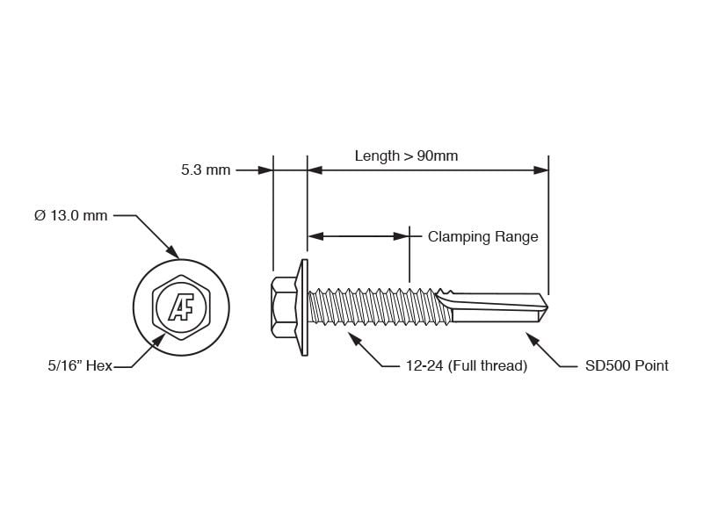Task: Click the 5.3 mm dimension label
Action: click(206, 170)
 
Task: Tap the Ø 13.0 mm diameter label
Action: click(71, 215)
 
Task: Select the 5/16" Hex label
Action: click(80, 365)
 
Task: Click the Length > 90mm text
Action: click(406, 156)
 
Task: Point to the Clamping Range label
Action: click(482, 236)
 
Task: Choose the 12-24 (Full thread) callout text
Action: click(467, 365)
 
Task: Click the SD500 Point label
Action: click(627, 365)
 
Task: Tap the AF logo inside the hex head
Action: click(181, 307)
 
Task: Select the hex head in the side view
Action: click(284, 307)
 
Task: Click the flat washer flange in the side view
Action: click(305, 307)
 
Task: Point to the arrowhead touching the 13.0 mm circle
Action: click(172, 252)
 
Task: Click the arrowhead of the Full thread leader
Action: click(355, 340)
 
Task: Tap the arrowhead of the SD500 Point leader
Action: click(533, 340)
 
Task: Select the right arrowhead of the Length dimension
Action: click(540, 170)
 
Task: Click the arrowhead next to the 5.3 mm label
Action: click(265, 170)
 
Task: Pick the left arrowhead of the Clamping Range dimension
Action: click(315, 236)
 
